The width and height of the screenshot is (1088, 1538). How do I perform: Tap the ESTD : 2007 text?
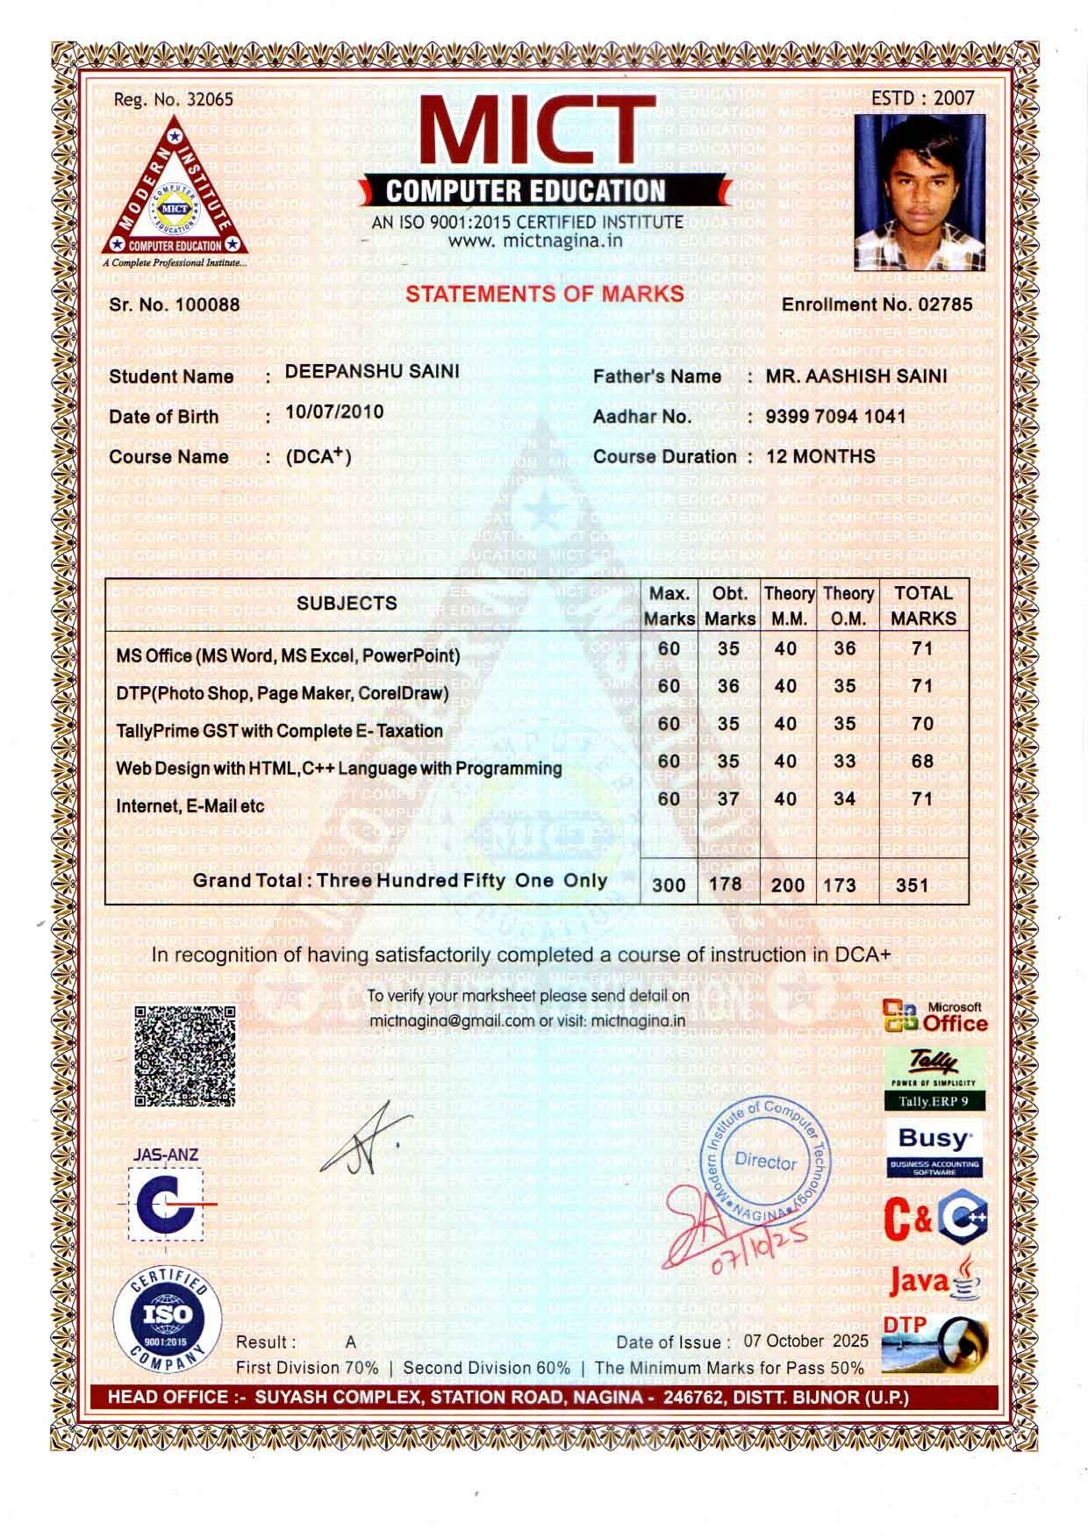click(x=922, y=97)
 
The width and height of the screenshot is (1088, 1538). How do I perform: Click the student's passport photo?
click(x=920, y=192)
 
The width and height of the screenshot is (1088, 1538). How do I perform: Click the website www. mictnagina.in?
click(x=535, y=240)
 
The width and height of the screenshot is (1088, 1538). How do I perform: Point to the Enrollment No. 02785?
click(x=877, y=304)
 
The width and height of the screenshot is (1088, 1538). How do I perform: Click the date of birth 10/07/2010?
click(x=334, y=411)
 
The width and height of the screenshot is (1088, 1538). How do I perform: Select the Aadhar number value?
click(x=835, y=416)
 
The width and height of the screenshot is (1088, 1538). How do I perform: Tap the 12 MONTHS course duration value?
click(x=820, y=456)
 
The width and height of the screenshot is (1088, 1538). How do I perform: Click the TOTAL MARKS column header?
click(x=923, y=605)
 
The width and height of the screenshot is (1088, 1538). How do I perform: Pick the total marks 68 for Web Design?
click(x=922, y=761)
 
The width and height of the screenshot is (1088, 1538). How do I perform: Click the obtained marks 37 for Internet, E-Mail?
click(x=728, y=798)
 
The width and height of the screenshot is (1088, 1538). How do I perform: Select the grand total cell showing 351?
click(x=913, y=884)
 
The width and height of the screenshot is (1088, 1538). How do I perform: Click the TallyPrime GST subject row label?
click(x=279, y=731)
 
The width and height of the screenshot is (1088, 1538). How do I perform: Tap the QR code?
click(x=185, y=1055)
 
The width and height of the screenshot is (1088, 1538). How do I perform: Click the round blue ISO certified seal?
click(x=167, y=1318)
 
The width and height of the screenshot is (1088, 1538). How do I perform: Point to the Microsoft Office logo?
click(x=934, y=1018)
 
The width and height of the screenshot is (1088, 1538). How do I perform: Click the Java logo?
click(x=934, y=1281)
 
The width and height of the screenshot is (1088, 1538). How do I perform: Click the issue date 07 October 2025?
click(x=805, y=1341)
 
